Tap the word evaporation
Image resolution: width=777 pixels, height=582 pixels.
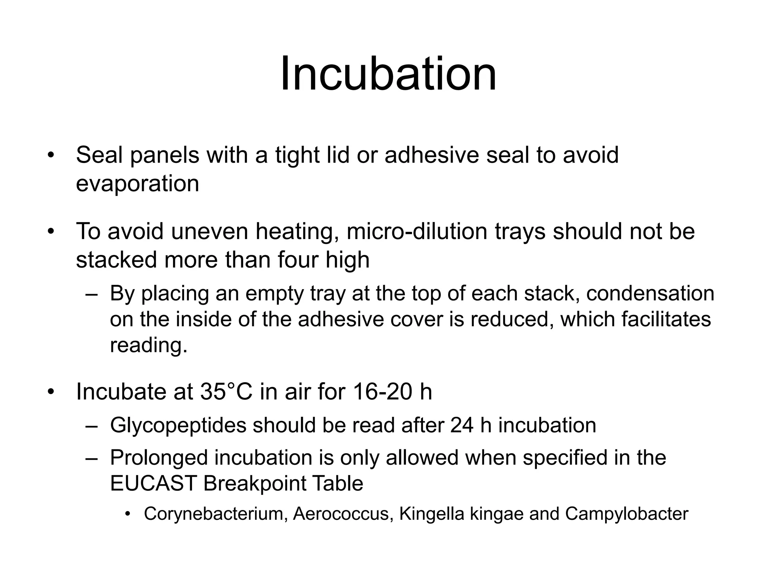[x=137, y=184]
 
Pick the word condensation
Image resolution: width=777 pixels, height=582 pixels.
[x=650, y=294]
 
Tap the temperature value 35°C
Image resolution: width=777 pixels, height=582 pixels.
[x=226, y=391]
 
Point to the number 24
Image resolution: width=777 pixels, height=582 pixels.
[x=462, y=425]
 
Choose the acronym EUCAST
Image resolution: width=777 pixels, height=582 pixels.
[x=153, y=483]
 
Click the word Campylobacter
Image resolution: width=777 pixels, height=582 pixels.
[x=626, y=514]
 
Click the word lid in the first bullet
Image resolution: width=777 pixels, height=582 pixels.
[x=338, y=155]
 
